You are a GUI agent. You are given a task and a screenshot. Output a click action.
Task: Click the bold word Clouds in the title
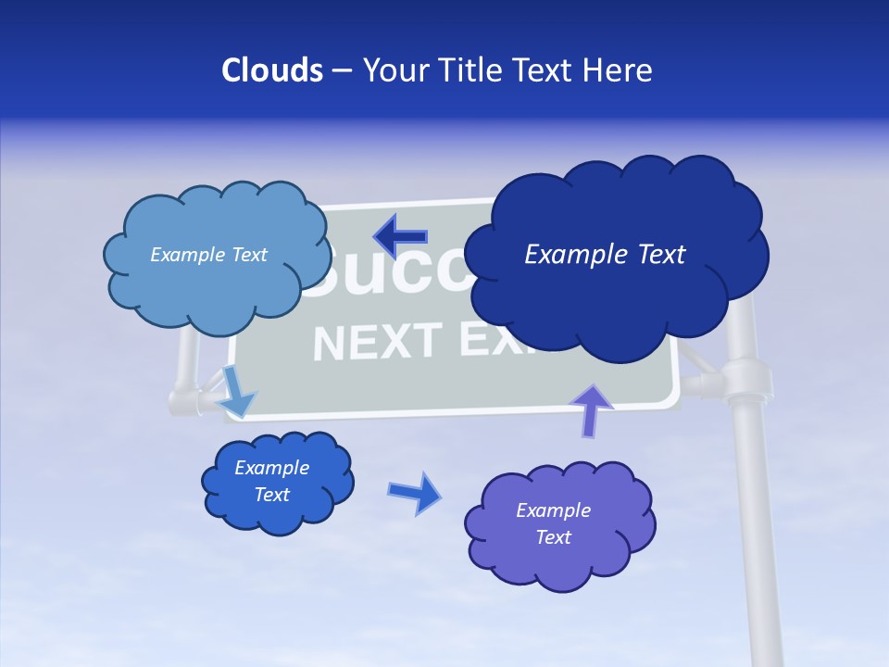[x=272, y=70]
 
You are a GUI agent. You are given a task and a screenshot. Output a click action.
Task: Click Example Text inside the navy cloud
[x=605, y=254]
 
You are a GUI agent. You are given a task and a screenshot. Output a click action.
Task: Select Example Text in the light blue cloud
[x=208, y=255]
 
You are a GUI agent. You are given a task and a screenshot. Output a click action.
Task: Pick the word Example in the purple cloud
[x=553, y=510]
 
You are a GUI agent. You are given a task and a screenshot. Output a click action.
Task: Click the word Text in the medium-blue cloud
[x=271, y=495]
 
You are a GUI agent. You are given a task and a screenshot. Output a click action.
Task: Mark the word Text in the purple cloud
[x=553, y=537]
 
